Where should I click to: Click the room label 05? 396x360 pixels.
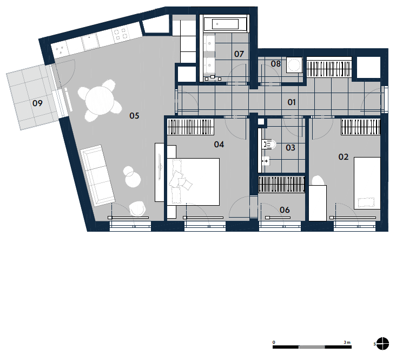[134, 116]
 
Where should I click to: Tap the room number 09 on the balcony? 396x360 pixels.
[37, 103]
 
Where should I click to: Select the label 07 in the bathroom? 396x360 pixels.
[239, 54]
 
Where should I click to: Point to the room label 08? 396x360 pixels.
[276, 64]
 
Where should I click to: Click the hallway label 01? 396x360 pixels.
[292, 102]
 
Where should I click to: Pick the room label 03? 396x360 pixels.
[291, 148]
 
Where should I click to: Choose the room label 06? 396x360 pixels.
[285, 210]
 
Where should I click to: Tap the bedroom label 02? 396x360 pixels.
[343, 157]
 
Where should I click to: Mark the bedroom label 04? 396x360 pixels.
[219, 145]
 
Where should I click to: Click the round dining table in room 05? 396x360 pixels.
[100, 100]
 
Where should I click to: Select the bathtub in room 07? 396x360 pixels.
[225, 24]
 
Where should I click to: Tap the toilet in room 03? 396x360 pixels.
[269, 145]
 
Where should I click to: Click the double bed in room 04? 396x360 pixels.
[193, 181]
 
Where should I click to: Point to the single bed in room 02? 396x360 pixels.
[367, 183]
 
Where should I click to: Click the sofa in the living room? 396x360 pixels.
[97, 175]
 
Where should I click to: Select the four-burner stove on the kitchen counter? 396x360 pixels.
[120, 35]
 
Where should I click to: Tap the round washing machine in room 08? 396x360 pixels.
[294, 65]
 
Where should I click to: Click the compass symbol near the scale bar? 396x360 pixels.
[382, 344]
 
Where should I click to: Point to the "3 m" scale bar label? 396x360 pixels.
[347, 342]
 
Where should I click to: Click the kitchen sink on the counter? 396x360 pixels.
[90, 42]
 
